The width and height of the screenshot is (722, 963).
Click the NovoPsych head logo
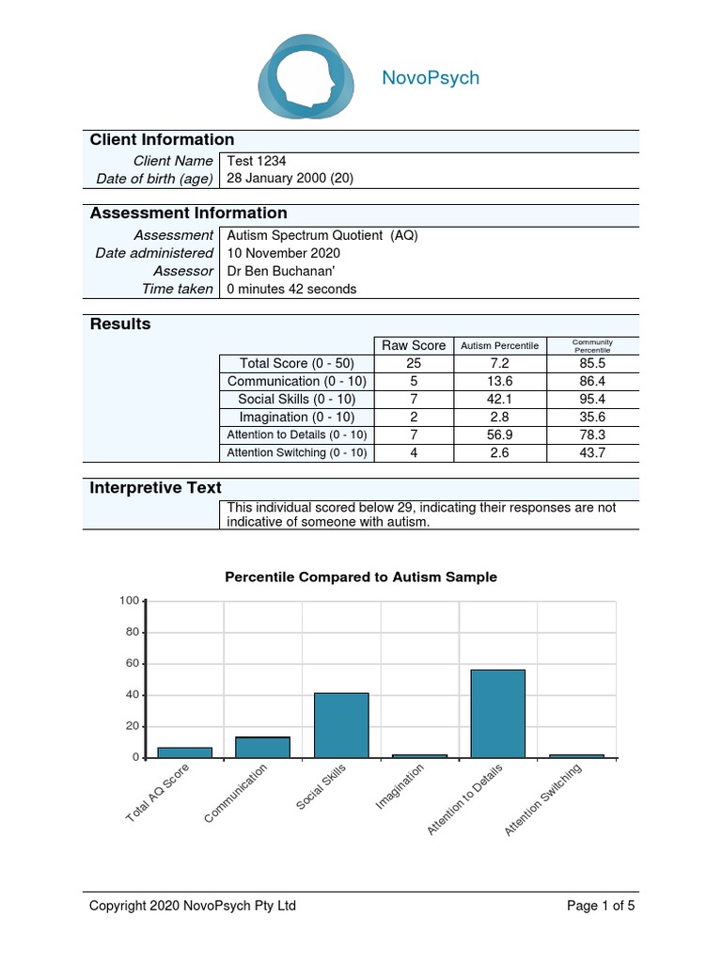306,77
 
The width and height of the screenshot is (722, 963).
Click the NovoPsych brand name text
431,78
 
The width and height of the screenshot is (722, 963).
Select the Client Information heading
162,140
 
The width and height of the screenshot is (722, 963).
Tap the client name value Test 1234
257,161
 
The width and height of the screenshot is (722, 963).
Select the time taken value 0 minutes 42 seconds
292,289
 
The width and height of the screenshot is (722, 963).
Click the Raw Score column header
413,345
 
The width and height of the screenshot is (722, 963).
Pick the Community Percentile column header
592,345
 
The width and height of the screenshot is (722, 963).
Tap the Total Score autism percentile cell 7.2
499,363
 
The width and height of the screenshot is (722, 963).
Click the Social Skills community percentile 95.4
592,399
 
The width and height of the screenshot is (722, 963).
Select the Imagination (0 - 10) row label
296,417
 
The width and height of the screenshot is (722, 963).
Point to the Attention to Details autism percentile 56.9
499,434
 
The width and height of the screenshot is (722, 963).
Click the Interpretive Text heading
156,488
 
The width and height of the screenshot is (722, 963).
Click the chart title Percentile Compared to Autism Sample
361,577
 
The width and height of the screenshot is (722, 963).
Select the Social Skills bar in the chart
341,725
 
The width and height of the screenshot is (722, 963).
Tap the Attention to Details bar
497,713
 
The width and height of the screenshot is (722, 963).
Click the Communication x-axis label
237,794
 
